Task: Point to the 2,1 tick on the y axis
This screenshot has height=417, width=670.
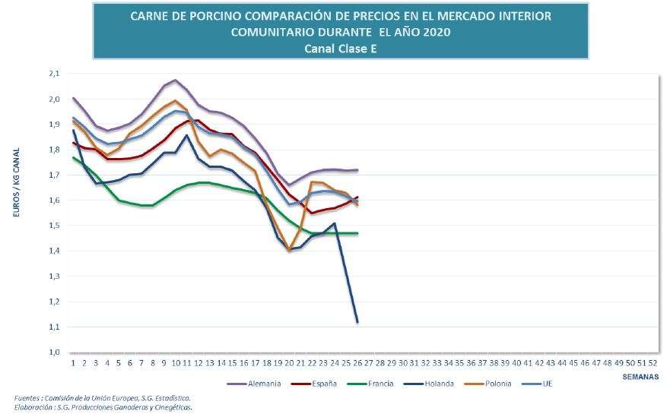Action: point(53,74)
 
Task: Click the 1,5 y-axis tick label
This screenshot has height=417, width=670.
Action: point(53,226)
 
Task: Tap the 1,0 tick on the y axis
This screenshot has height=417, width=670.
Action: point(53,352)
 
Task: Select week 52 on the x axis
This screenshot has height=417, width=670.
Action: point(653,362)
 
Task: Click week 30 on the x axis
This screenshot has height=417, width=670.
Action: point(403,362)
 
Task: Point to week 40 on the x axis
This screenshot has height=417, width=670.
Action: point(517,362)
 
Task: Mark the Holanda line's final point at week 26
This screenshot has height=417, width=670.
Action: point(357,322)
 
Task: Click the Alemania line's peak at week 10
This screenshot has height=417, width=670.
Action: point(175,81)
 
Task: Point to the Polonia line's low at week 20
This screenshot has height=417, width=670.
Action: point(289,250)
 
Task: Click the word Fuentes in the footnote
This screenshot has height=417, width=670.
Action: point(28,398)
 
